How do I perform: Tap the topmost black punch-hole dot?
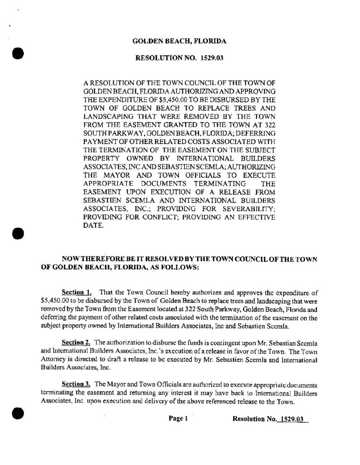17,52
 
